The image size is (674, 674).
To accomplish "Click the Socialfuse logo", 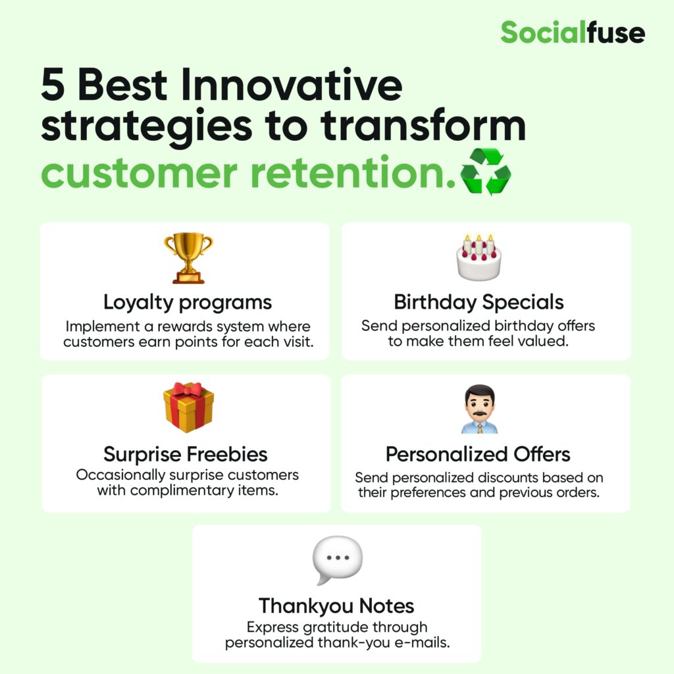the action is pyautogui.click(x=573, y=32).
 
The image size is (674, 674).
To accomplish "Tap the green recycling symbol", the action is pyautogui.click(x=486, y=172).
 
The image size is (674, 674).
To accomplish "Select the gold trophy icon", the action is pyautogui.click(x=188, y=258).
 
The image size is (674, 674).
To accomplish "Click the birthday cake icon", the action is pyautogui.click(x=479, y=257).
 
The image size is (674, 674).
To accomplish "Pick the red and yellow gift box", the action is pyautogui.click(x=188, y=407).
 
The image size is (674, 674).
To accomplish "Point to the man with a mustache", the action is pyautogui.click(x=480, y=409).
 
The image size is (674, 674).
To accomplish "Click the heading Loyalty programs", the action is pyautogui.click(x=188, y=303).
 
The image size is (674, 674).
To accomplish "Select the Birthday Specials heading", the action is pyautogui.click(x=479, y=302).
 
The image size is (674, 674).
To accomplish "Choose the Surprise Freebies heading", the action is pyautogui.click(x=186, y=454).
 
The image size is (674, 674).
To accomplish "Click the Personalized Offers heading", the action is pyautogui.click(x=478, y=454).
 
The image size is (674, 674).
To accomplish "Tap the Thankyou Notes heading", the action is pyautogui.click(x=336, y=606).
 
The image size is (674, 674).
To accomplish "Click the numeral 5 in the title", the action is pyautogui.click(x=53, y=84).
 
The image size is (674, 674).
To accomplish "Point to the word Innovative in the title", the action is pyautogui.click(x=292, y=84).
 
